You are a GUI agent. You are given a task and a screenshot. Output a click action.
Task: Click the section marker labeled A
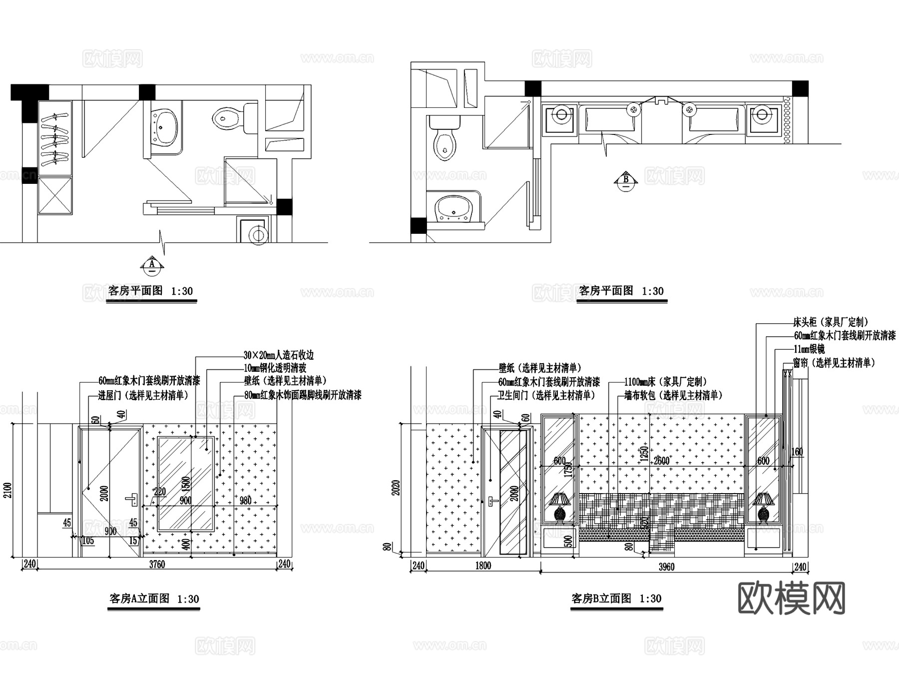(x=152, y=265)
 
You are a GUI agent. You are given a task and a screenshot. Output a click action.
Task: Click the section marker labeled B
(x=626, y=181)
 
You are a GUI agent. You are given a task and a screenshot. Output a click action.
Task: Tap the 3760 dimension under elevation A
(x=157, y=565)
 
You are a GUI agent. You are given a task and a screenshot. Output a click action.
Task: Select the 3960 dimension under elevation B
(x=666, y=567)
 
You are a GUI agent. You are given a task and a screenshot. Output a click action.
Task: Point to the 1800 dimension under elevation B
(x=482, y=566)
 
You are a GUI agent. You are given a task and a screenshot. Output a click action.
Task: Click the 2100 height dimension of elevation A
(x=7, y=490)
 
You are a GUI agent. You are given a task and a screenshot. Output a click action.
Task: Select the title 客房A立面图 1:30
(x=154, y=599)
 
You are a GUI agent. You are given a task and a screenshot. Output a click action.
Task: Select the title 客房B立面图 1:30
(x=616, y=599)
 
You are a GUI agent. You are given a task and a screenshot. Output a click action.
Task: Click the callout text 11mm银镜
(x=809, y=349)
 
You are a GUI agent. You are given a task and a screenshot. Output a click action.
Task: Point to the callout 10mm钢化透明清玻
(x=275, y=368)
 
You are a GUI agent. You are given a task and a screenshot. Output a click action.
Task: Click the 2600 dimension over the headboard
(x=662, y=461)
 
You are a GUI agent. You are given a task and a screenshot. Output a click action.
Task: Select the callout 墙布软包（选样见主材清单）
(x=673, y=396)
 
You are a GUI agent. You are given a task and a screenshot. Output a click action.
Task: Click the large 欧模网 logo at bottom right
(x=791, y=598)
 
